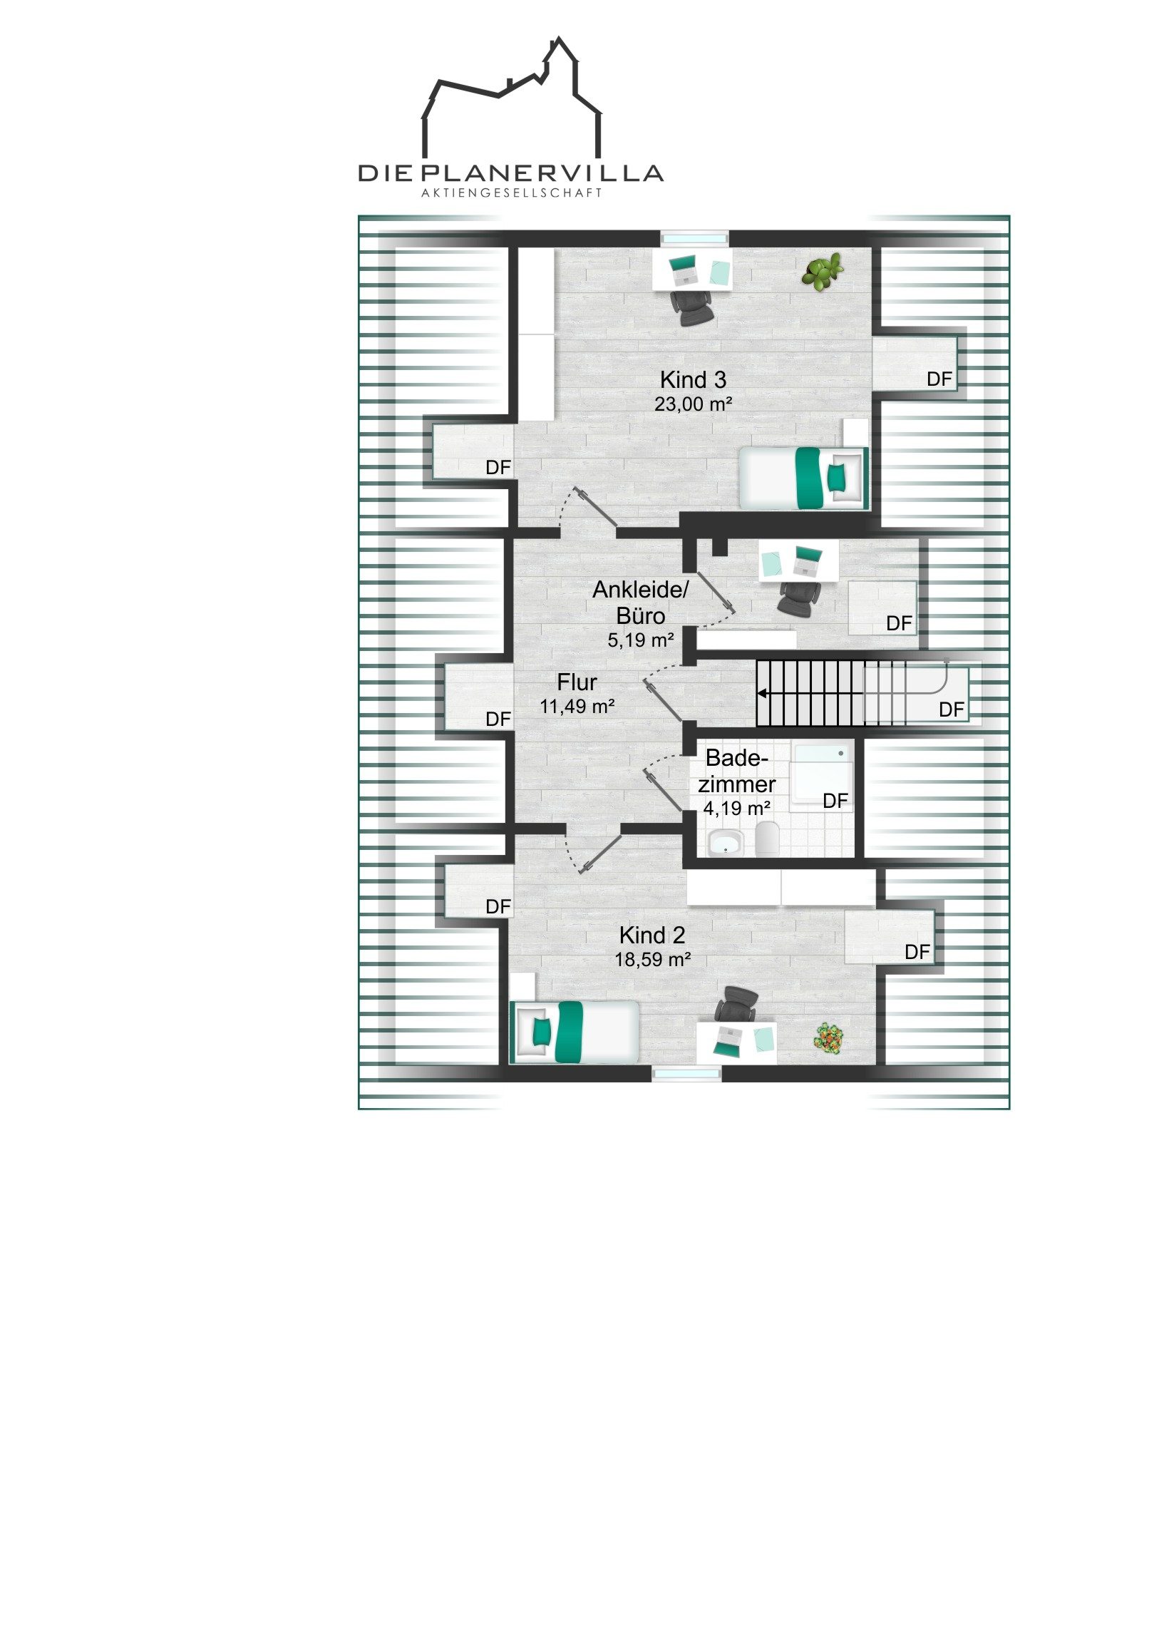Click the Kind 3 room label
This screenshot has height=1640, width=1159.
tap(693, 379)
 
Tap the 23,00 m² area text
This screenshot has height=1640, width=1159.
tap(694, 404)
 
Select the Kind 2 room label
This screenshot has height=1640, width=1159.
tap(652, 935)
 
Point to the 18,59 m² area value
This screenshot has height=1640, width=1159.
tap(653, 960)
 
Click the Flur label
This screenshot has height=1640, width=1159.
tap(577, 682)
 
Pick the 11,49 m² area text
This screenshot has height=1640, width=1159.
tap(577, 707)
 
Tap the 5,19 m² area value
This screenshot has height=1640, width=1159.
tap(641, 641)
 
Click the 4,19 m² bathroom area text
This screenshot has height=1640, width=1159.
tap(737, 809)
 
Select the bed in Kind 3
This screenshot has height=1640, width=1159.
tap(804, 477)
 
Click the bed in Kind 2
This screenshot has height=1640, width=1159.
tap(574, 1031)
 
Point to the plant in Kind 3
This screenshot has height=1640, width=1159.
tap(823, 272)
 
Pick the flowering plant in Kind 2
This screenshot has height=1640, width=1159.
tap(829, 1037)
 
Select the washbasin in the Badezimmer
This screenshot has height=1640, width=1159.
tap(726, 842)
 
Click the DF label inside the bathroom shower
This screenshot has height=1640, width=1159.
tap(835, 801)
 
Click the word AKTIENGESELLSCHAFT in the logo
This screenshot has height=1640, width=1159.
tap(511, 193)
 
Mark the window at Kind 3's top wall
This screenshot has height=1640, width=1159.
tap(694, 238)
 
